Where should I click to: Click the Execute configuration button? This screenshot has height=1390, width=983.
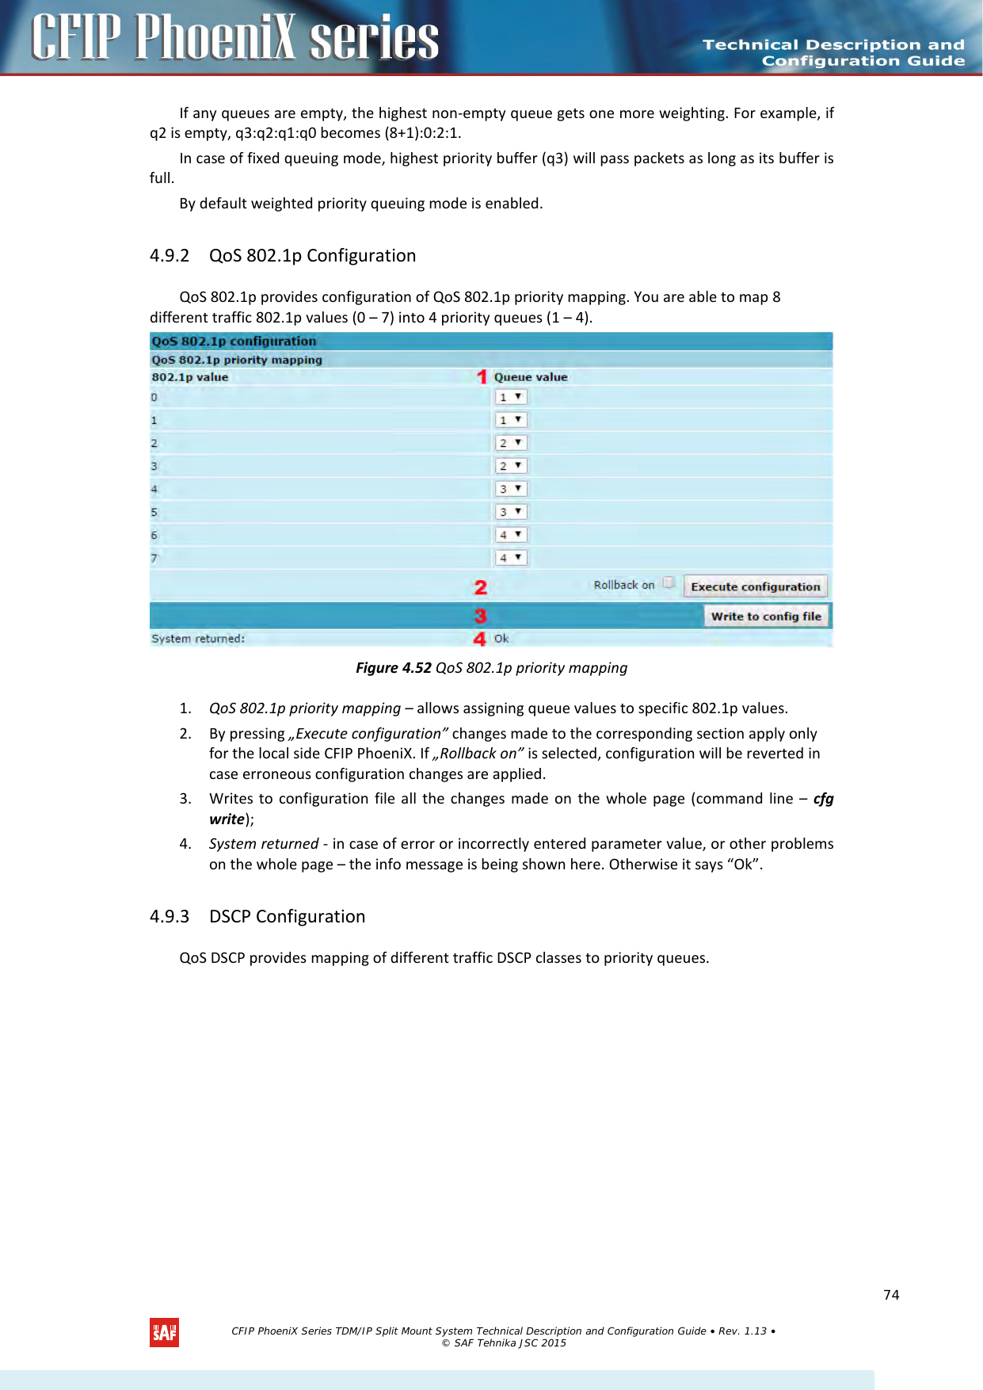[x=755, y=586]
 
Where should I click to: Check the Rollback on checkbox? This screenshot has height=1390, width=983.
[x=669, y=583]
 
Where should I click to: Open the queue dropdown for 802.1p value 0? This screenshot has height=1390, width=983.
[x=511, y=397]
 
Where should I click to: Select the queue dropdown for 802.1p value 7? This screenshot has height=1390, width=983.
[x=511, y=558]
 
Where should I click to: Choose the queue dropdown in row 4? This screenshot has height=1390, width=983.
[x=511, y=489]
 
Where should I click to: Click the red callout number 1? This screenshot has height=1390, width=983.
[x=482, y=377]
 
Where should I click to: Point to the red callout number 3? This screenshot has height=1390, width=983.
[x=480, y=616]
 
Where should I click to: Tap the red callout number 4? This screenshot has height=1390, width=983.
[x=479, y=639]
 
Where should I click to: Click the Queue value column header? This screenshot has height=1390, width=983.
[x=531, y=377]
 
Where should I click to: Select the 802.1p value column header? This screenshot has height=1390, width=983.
[x=190, y=377]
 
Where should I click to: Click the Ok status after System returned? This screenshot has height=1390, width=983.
[x=501, y=639]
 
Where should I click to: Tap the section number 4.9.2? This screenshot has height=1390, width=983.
[x=170, y=256]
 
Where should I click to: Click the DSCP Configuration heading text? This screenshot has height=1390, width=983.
[x=287, y=917]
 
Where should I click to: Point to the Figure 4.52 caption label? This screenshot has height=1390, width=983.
[x=394, y=668]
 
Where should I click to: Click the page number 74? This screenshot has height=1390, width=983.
[x=891, y=1295]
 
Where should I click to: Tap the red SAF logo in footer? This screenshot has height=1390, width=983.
[x=164, y=1332]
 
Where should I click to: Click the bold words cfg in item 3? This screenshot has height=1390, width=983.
[x=823, y=799]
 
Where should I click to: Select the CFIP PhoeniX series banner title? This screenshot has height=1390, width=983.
[x=235, y=38]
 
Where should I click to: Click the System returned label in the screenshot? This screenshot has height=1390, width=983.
[x=198, y=639]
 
